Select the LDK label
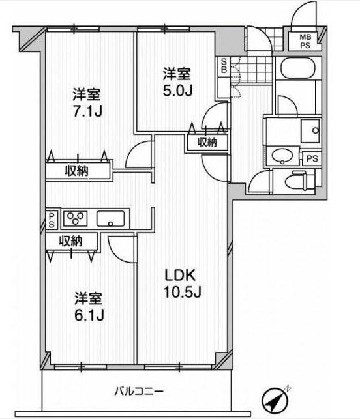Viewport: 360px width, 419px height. [180, 275]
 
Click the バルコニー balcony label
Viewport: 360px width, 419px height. [139, 392]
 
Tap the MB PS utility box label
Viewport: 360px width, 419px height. [305, 41]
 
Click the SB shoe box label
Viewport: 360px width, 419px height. [224, 66]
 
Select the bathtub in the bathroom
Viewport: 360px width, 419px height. [297, 68]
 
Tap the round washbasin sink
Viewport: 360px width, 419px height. [282, 156]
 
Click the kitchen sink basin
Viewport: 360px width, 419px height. [110, 218]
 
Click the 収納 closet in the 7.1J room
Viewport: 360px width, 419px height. [77, 170]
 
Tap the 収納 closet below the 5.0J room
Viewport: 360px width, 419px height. [207, 143]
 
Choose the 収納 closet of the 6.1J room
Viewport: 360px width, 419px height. [71, 241]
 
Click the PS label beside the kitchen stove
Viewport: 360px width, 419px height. [52, 220]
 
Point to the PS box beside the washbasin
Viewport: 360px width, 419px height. [312, 159]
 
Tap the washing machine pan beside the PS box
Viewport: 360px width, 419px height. [310, 131]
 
